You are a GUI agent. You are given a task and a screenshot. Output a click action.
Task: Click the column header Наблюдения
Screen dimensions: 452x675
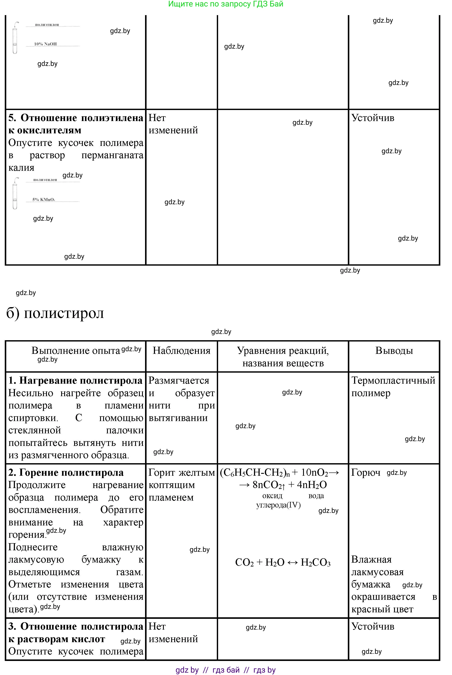tap(181, 351)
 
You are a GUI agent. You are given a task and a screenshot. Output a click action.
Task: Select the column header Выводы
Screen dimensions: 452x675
tap(394, 351)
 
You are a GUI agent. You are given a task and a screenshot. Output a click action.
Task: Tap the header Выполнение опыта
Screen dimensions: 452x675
tap(75, 351)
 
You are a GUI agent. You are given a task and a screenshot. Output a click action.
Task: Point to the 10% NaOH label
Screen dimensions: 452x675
tap(45, 44)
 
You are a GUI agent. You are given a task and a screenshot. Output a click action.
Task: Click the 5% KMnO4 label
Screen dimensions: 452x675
tap(43, 199)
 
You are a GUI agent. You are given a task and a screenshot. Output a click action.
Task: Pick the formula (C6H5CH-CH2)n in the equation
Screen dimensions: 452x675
tap(255, 473)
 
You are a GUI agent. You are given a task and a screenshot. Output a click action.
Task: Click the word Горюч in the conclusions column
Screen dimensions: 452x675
tap(366, 473)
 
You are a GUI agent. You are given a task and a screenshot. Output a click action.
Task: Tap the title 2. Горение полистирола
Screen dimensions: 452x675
tap(66, 473)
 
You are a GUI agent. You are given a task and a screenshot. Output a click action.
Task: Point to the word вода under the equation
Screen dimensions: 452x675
tap(316, 496)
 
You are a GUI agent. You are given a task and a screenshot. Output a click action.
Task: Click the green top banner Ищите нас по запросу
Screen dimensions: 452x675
tap(226, 4)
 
